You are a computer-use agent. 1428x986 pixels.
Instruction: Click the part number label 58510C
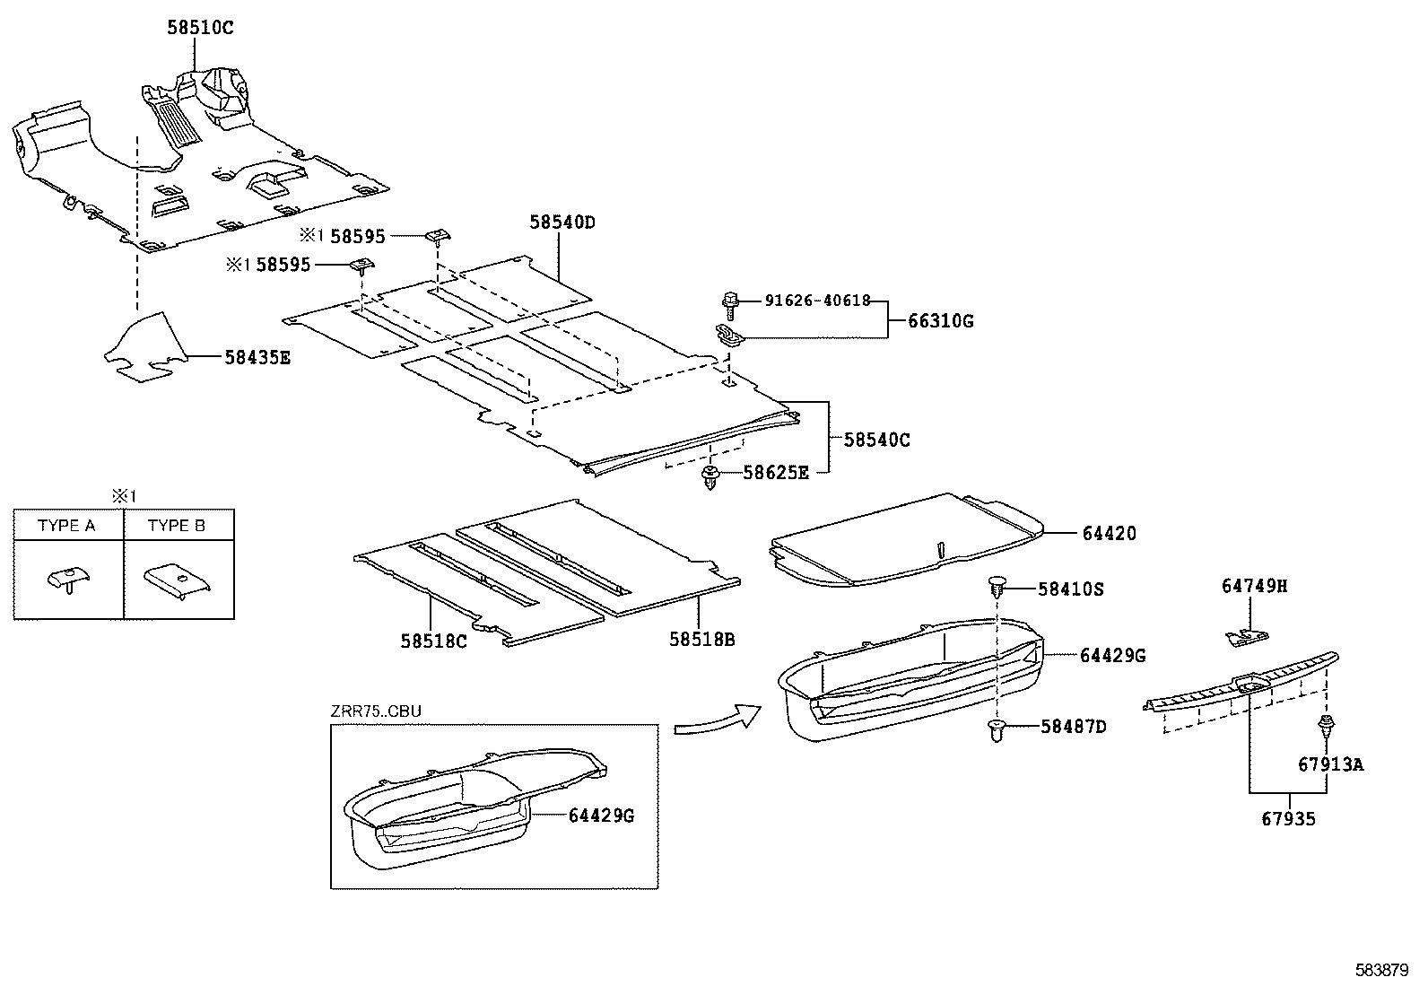click(199, 28)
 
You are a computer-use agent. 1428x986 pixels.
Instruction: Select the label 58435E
click(257, 356)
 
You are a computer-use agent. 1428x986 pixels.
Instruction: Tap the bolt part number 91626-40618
click(817, 301)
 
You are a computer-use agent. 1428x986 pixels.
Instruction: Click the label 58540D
click(562, 222)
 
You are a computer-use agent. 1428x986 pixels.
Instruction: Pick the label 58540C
click(876, 440)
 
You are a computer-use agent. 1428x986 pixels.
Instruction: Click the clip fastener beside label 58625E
click(710, 476)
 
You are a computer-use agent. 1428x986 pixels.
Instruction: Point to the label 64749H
click(1254, 586)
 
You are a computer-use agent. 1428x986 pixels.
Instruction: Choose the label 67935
click(1288, 818)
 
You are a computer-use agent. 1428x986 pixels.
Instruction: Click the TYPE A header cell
click(67, 526)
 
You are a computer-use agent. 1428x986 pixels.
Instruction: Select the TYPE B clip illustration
click(178, 580)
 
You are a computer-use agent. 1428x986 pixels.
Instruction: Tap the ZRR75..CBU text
click(376, 711)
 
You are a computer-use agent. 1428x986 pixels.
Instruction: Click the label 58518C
click(433, 641)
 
